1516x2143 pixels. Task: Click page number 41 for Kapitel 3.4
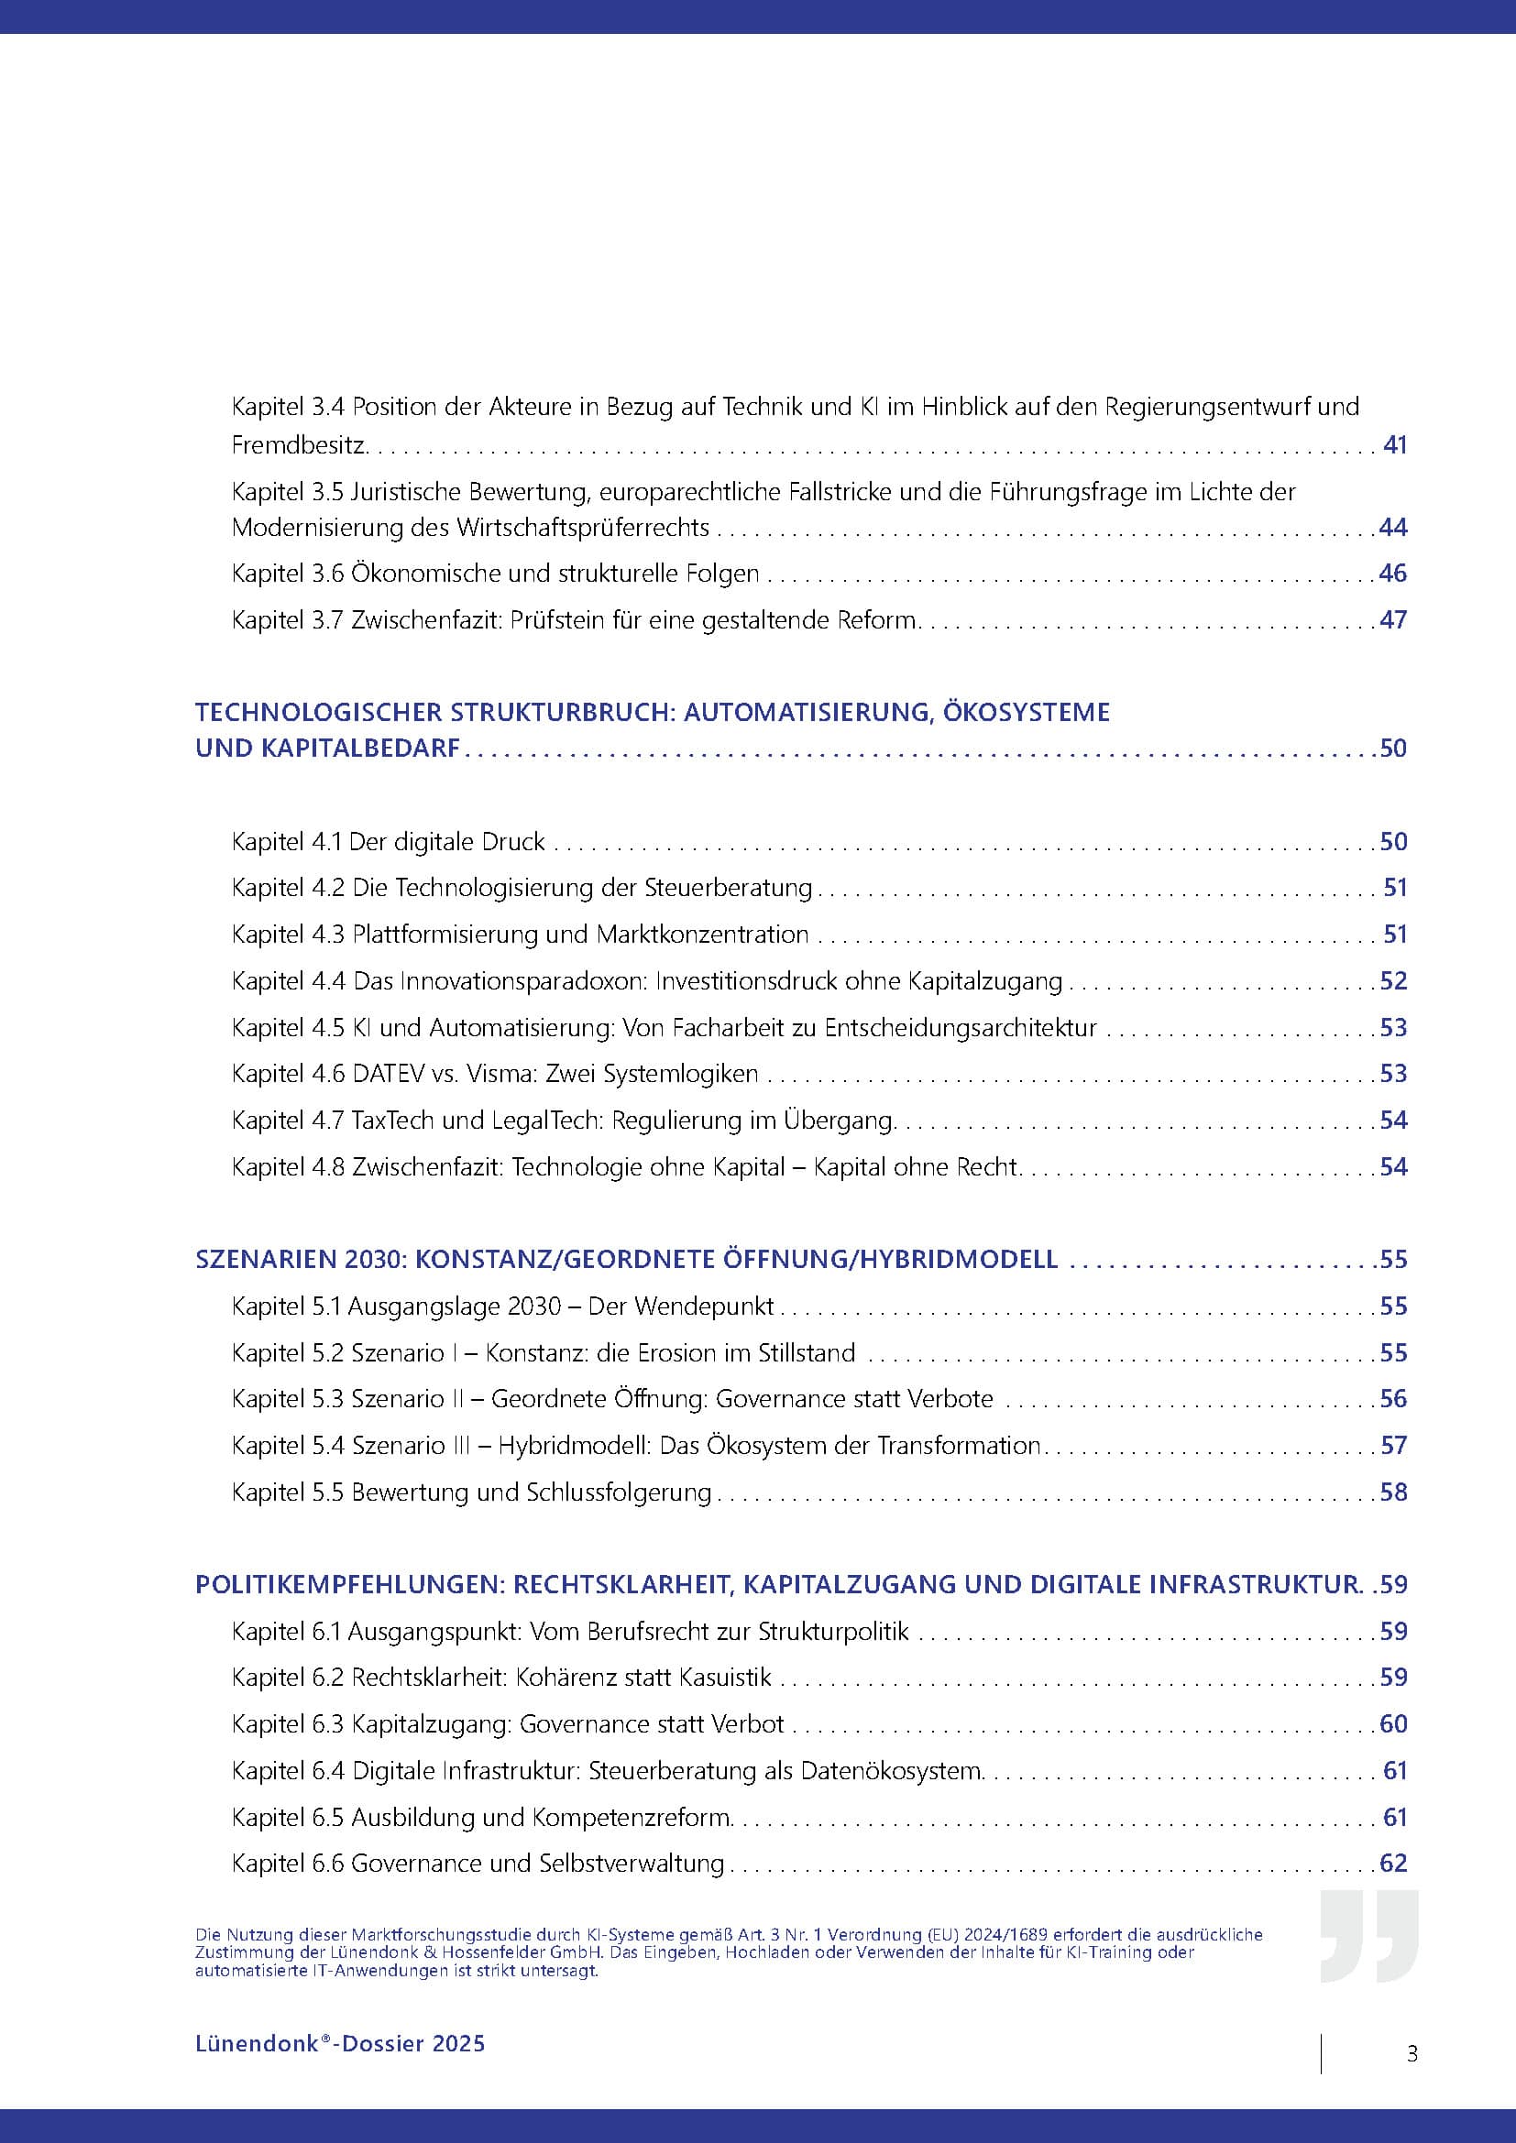click(1395, 444)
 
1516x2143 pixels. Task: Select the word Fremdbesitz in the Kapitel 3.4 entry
click(298, 445)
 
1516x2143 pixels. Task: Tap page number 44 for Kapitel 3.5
click(1393, 528)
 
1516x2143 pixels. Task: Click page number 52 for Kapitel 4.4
click(1393, 981)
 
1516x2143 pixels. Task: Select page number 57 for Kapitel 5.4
click(1394, 1446)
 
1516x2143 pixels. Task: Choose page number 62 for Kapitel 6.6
click(1393, 1864)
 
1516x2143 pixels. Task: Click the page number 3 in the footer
click(1412, 2053)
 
